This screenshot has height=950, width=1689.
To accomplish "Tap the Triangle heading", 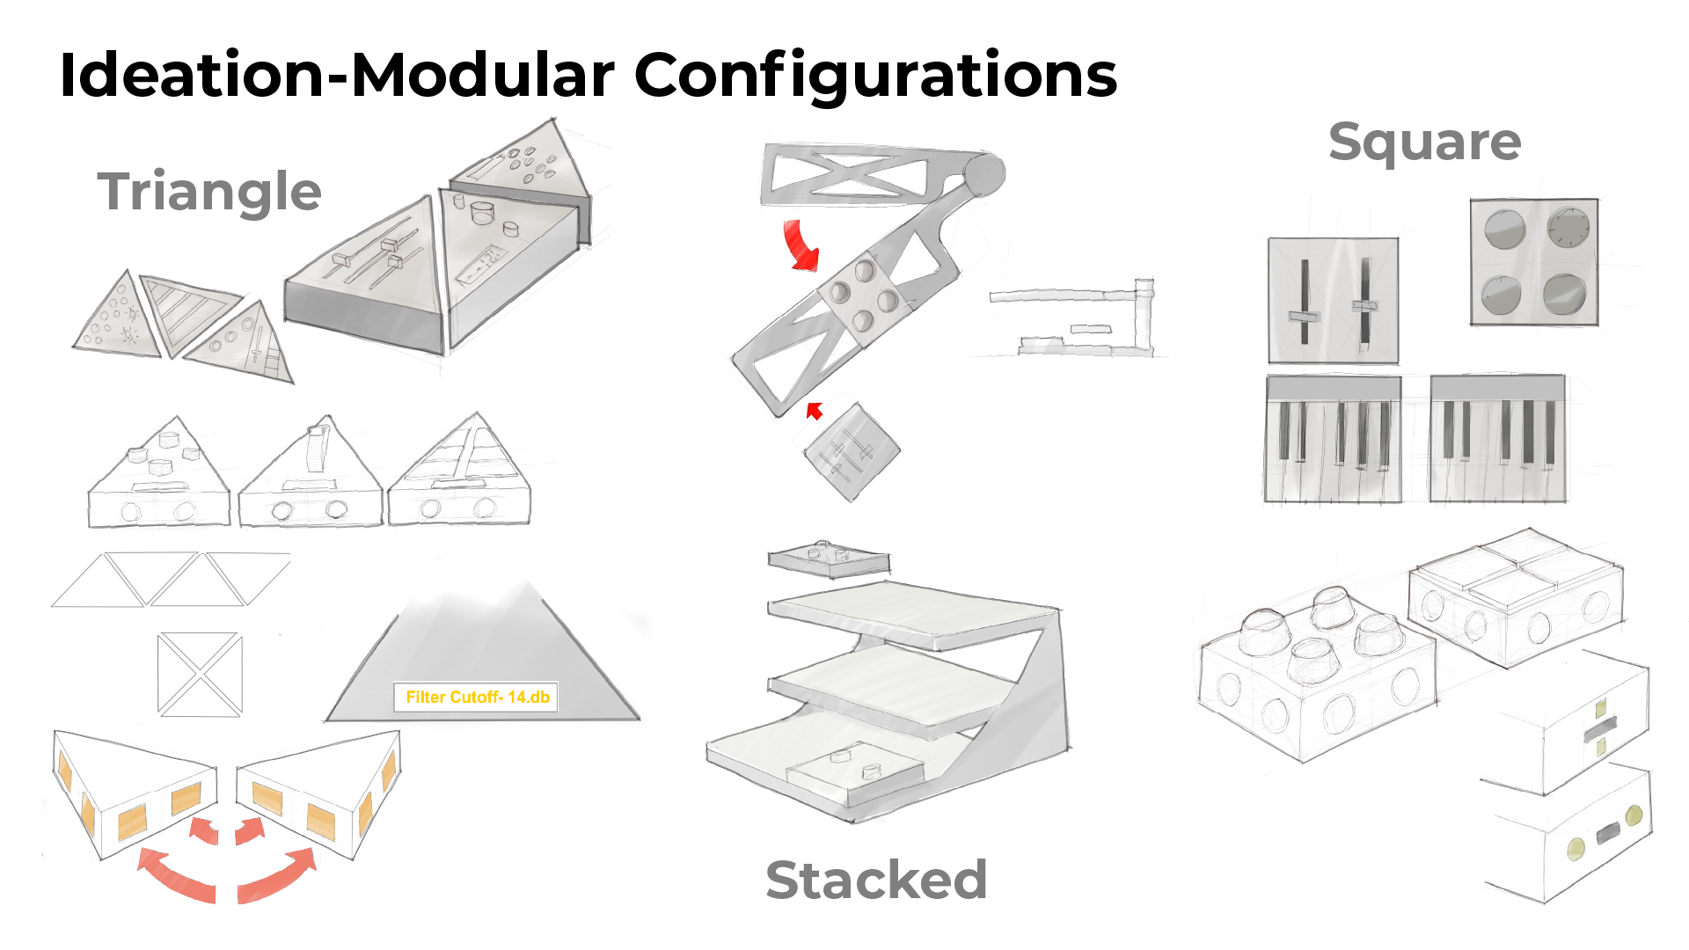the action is point(209,193).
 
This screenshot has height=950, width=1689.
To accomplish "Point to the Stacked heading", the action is point(876,880).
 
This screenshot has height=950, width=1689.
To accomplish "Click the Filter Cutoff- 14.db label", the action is point(477,698).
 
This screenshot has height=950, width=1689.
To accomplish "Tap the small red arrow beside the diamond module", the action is point(815,411).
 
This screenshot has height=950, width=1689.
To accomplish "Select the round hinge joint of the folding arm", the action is point(984,174).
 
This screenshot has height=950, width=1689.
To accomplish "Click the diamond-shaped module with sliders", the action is point(852,452).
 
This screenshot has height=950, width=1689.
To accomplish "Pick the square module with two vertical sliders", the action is point(1333,300).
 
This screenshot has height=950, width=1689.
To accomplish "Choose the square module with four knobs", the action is point(1534,262).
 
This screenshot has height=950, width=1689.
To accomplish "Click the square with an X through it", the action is point(200,674).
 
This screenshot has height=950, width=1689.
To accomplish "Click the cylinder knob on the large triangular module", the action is point(482,213).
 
